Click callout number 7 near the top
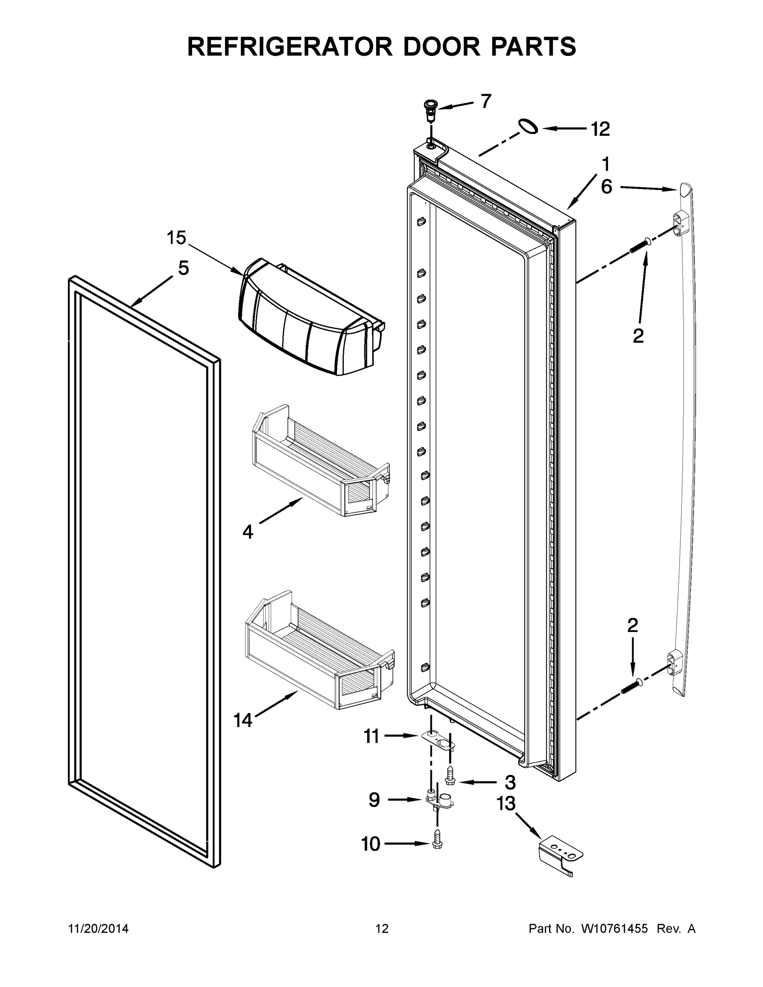pos(485,101)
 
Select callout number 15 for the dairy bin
pos(176,238)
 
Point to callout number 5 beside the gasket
pos(183,268)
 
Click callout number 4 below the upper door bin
pos(248,531)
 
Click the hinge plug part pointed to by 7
pos(430,110)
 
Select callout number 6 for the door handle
pos(606,186)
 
